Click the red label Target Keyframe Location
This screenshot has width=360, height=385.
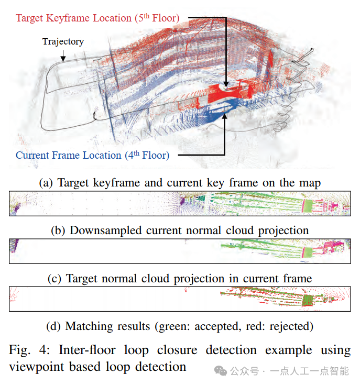[x=97, y=18]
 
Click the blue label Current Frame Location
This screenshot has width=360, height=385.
[x=92, y=155]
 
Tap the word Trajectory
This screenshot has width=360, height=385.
[x=63, y=41]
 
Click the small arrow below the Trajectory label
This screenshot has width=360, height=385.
[x=63, y=55]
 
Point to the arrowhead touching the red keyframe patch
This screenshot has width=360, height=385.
[x=226, y=84]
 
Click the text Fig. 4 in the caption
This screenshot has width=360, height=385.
[x=27, y=350]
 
